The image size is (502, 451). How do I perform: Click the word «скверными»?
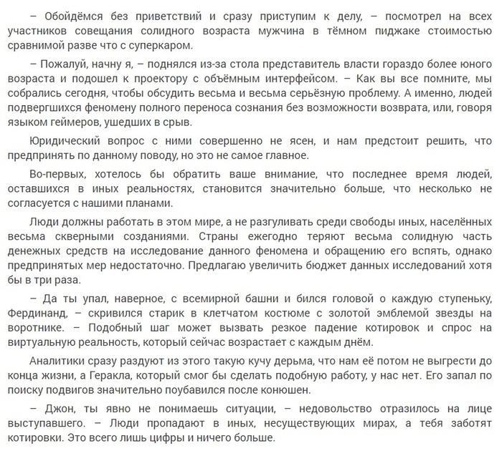point(99,237)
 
